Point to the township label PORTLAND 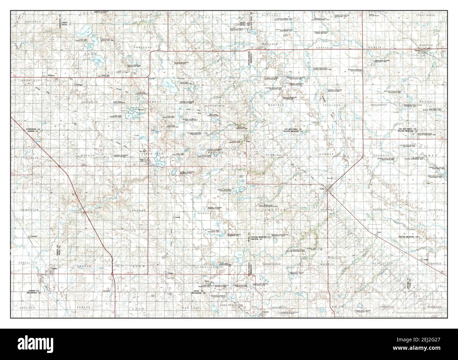click(x=142, y=47)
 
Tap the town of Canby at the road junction click(x=328, y=190)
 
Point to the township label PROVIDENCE click(x=379, y=105)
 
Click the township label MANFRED click(x=276, y=105)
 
